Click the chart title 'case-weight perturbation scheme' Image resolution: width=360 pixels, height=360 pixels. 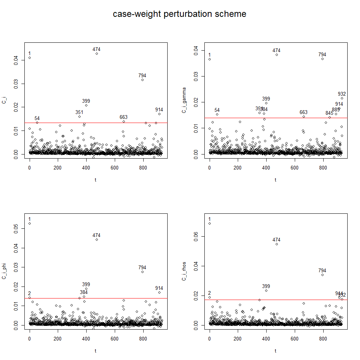click(180, 14)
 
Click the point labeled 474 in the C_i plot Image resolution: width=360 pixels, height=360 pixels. click(97, 54)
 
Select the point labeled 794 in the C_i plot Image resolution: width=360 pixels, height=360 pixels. click(142, 79)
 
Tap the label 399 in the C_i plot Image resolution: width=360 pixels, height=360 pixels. click(86, 101)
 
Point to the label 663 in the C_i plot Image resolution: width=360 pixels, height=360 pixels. click(124, 117)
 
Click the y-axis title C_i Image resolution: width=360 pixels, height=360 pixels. click(4, 100)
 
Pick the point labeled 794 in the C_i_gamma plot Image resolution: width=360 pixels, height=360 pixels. click(322, 59)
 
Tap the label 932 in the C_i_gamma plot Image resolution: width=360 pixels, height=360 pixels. click(342, 94)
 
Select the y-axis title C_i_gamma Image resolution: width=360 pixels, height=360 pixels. click(184, 100)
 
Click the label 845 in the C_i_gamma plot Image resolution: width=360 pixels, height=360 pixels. click(329, 113)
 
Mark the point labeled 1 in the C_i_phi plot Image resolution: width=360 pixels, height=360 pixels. click(30, 223)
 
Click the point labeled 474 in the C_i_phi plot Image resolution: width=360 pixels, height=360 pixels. click(97, 239)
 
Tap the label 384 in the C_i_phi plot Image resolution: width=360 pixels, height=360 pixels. click(84, 292)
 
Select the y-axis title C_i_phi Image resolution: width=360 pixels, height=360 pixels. click(4, 272)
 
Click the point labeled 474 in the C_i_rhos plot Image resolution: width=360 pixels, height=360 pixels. click(277, 244)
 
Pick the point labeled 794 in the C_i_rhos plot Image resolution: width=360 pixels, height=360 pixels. click(322, 275)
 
